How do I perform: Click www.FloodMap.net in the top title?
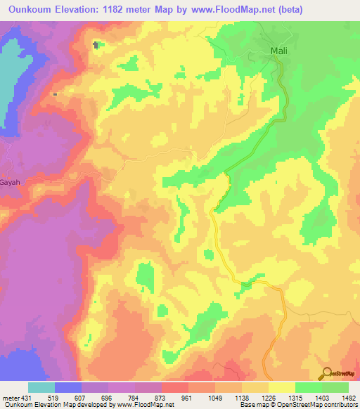249,9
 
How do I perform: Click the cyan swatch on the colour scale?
41,388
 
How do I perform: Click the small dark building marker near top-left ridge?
96,44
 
